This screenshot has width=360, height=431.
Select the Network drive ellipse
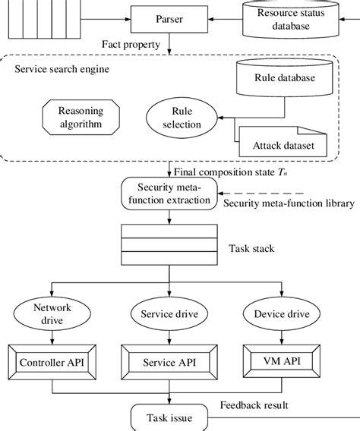coord(49,316)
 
